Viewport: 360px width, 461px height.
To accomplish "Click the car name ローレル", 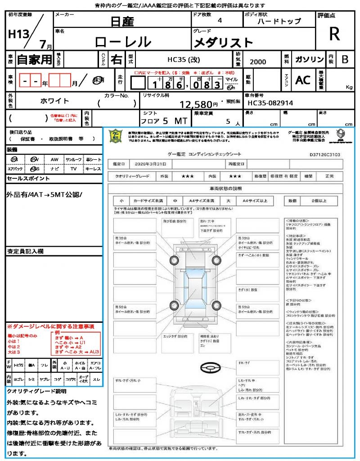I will [x=123, y=42].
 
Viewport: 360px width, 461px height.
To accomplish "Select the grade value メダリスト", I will [x=223, y=43].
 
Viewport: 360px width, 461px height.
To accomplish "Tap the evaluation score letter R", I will [x=334, y=34].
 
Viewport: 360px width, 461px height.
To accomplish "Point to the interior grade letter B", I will [x=344, y=59].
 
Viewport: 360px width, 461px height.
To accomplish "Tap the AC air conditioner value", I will [x=303, y=80].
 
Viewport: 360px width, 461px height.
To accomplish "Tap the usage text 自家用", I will [x=35, y=59].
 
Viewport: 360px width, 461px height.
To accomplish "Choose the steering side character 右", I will [x=117, y=59].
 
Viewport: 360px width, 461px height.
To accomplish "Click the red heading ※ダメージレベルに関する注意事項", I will [x=50, y=326].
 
